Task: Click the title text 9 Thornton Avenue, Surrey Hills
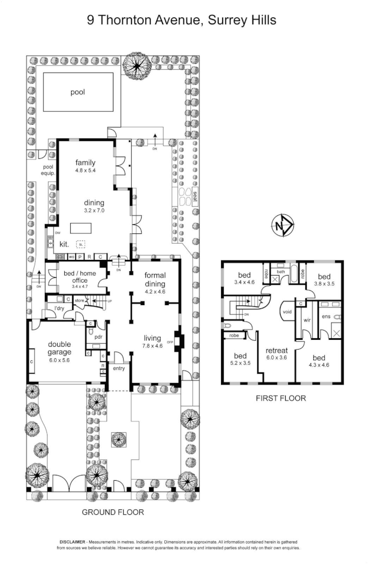[182, 21]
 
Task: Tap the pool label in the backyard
[78, 92]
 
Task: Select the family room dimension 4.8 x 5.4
[85, 171]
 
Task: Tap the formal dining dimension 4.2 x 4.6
[155, 291]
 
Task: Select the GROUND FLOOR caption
[112, 512]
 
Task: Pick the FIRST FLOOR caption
[281, 399]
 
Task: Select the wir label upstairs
[306, 320]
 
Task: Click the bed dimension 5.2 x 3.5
[240, 364]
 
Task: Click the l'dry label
[52, 308]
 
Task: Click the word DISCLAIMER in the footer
[75, 541]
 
